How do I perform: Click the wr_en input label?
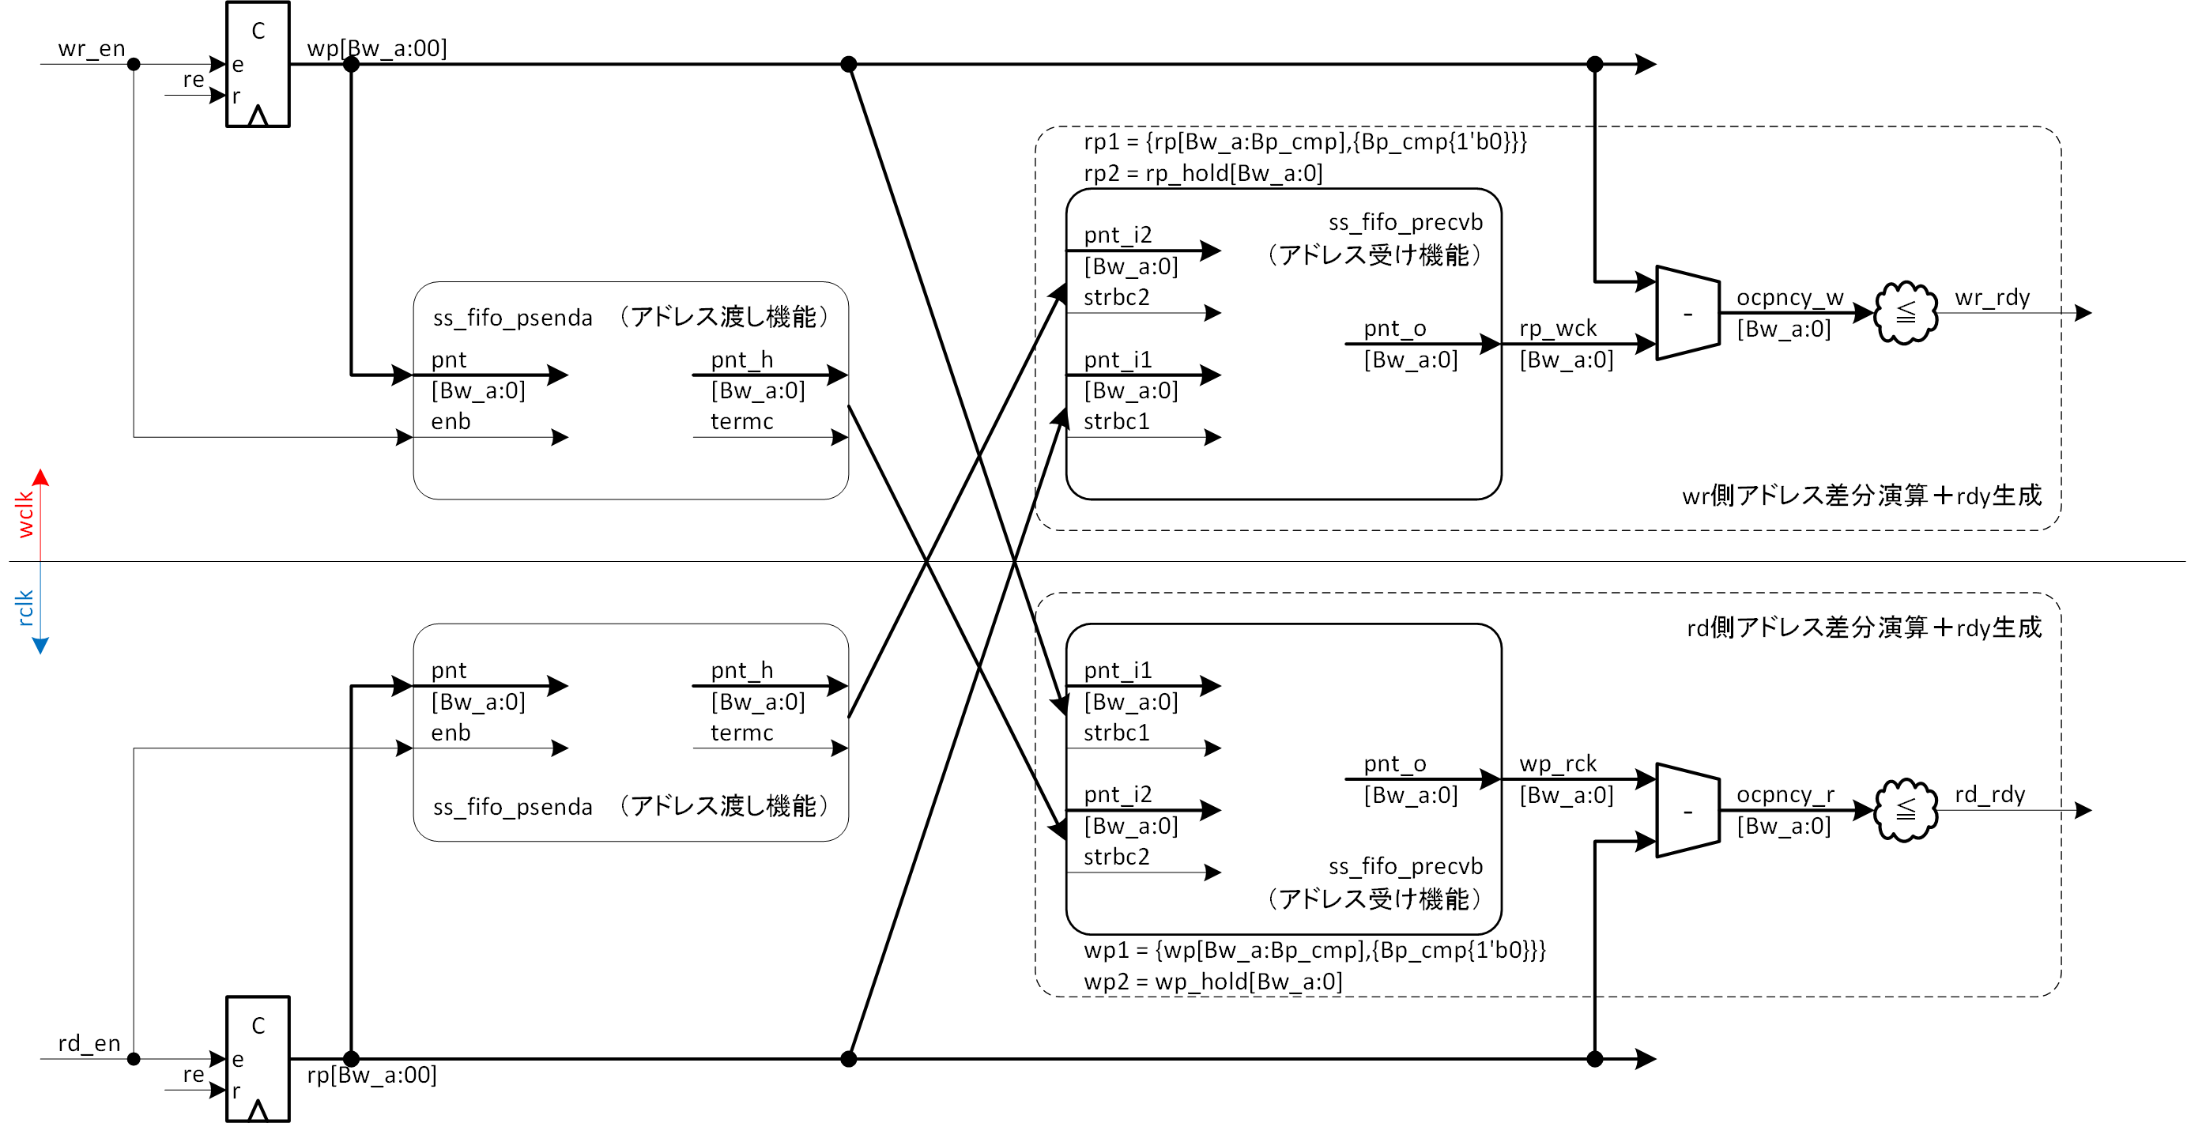(91, 48)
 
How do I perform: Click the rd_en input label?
(89, 1043)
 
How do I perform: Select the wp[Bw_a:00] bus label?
(376, 48)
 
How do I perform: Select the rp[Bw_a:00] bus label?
(371, 1076)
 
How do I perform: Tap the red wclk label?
(25, 514)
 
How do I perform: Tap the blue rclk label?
(25, 608)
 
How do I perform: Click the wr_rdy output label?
(1992, 298)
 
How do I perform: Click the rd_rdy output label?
(1989, 794)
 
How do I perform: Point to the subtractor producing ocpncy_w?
(1687, 313)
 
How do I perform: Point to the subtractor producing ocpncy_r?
(1687, 811)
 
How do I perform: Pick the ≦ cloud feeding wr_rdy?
(1906, 313)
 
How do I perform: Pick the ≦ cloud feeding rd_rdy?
(1906, 810)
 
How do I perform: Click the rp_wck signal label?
(1557, 329)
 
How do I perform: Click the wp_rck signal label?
(1557, 764)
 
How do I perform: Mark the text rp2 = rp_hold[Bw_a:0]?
(1203, 173)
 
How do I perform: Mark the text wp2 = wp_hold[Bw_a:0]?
(1212, 982)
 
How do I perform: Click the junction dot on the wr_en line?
(134, 65)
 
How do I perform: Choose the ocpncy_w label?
(1789, 298)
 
